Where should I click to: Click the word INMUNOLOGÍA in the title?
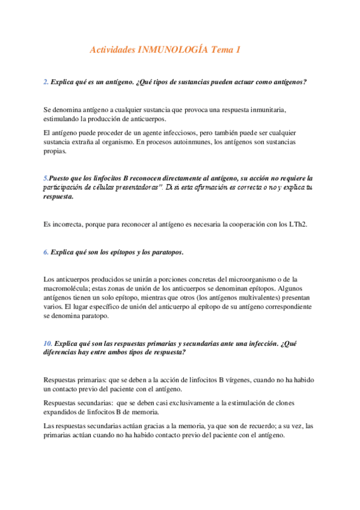(x=174, y=51)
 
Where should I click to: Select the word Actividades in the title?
(x=112, y=51)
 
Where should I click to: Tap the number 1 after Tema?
(x=238, y=51)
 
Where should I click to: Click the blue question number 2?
(x=46, y=82)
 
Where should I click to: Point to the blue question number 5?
(x=46, y=179)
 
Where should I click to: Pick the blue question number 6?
(x=46, y=252)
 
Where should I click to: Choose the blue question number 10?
(x=48, y=343)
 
